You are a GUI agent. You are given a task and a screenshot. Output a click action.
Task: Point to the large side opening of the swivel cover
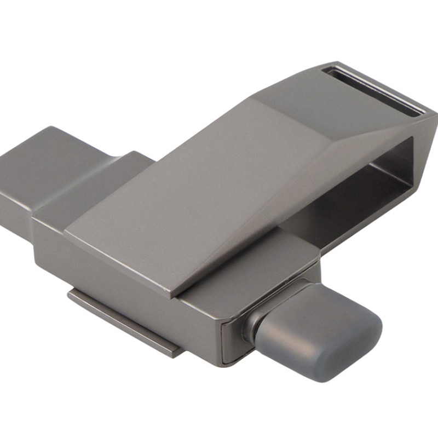tap(378, 175)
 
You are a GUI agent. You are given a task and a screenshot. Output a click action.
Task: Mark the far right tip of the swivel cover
tap(433, 118)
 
